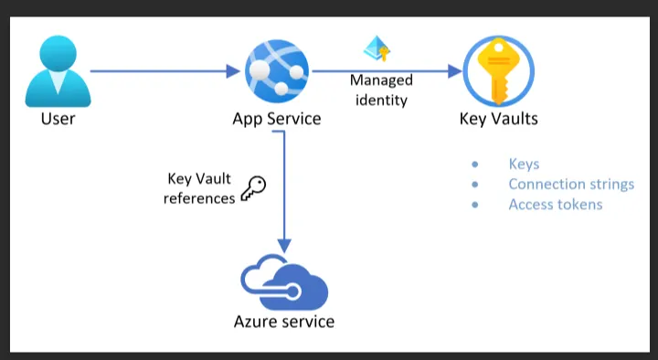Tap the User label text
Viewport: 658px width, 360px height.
click(58, 119)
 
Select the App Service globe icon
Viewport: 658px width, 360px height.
click(277, 70)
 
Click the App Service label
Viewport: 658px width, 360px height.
click(277, 119)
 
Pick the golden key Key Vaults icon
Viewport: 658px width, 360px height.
click(498, 70)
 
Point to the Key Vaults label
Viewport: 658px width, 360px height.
click(498, 119)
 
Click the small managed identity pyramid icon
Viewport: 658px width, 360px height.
click(376, 48)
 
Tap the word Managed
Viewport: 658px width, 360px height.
click(381, 80)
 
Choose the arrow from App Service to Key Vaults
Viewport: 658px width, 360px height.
click(384, 70)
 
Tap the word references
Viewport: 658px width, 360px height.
click(199, 197)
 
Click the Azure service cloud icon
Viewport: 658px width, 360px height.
click(284, 283)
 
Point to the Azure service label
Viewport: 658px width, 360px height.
click(284, 322)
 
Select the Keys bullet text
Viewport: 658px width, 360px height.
click(524, 164)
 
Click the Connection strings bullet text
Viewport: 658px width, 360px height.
click(571, 185)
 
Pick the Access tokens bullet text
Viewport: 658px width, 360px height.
click(556, 205)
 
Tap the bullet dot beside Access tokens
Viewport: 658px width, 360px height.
click(475, 205)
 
